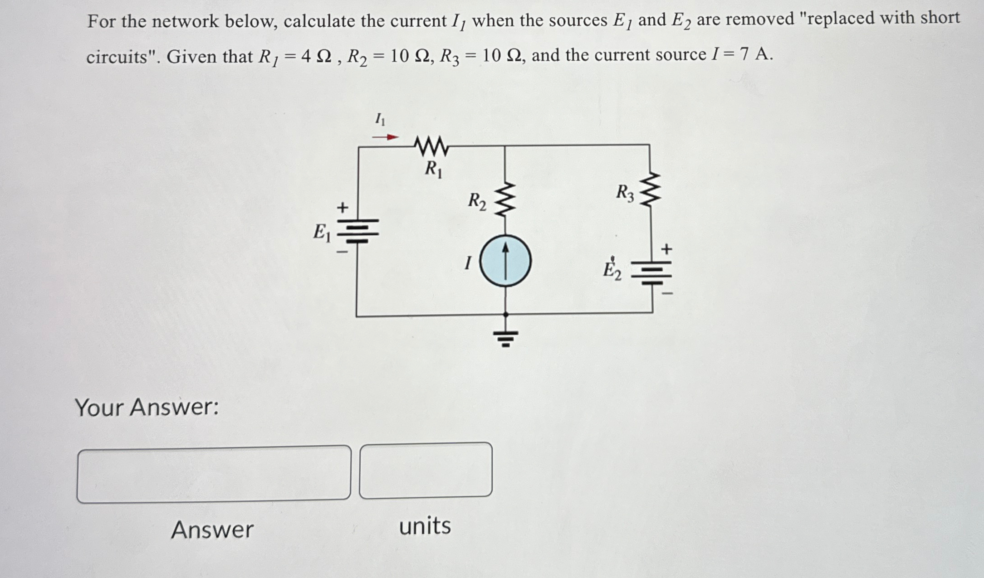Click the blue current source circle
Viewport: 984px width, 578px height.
(x=505, y=262)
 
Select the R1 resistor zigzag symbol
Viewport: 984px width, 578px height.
(x=431, y=146)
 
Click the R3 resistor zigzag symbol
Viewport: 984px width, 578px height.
(x=650, y=189)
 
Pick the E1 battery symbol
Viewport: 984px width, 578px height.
(x=358, y=232)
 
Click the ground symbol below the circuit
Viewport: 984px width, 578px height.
(x=506, y=337)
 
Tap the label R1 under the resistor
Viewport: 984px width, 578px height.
(x=433, y=169)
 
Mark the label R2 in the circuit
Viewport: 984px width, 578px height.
(x=477, y=201)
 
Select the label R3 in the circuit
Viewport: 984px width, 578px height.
(x=625, y=193)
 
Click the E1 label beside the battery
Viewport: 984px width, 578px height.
(x=322, y=233)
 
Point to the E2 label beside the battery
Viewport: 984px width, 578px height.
(x=612, y=270)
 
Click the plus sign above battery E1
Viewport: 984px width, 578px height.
(x=343, y=208)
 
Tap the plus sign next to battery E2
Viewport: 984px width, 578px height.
(x=666, y=249)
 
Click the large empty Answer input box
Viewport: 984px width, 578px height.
(x=214, y=474)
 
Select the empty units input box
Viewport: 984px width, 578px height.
(x=426, y=471)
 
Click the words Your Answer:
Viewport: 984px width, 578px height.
(x=147, y=407)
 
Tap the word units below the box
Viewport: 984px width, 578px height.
(x=425, y=526)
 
